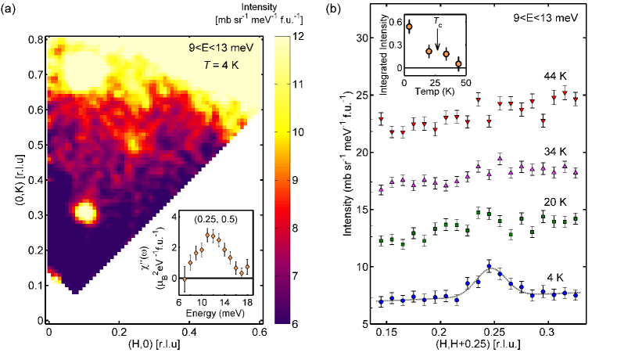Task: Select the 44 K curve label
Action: click(x=556, y=76)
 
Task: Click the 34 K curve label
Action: click(x=556, y=146)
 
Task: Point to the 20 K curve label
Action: click(x=556, y=201)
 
